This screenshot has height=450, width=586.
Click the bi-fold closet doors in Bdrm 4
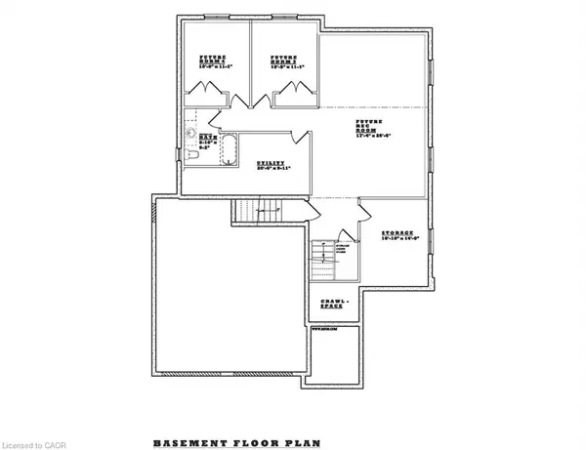coord(213,94)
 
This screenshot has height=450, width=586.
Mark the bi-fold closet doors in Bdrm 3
coord(288,94)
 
